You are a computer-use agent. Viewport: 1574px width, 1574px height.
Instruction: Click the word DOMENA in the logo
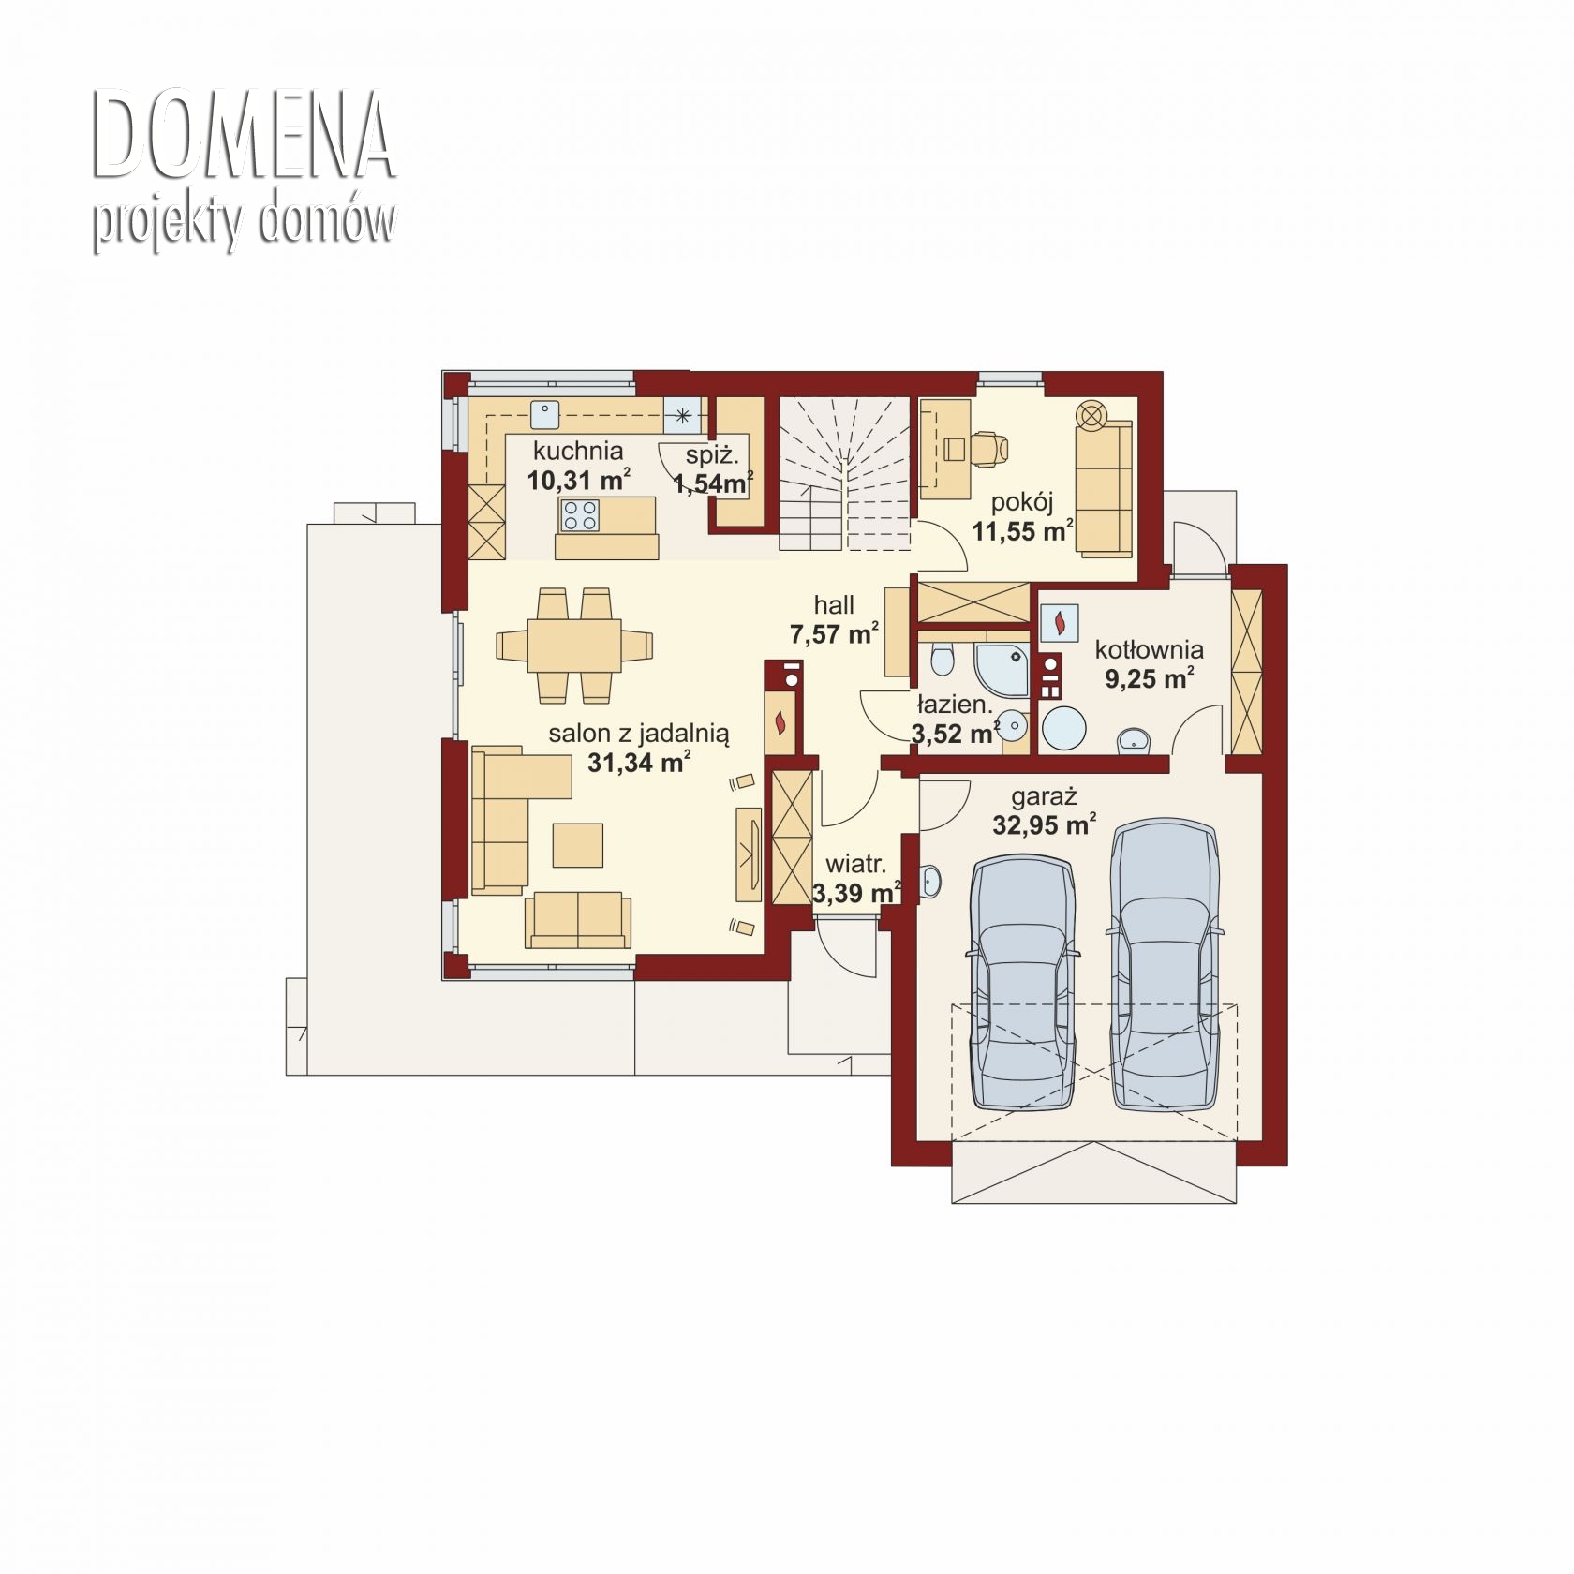click(x=244, y=135)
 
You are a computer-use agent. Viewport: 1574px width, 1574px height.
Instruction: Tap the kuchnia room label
click(x=578, y=450)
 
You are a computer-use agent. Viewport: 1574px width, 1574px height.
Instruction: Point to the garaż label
click(x=1044, y=798)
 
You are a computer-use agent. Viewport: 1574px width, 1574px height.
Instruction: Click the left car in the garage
click(x=1022, y=983)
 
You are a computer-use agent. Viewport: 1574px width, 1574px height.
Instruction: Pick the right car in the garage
click(x=1165, y=965)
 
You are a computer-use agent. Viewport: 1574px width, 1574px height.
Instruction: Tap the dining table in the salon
click(x=574, y=645)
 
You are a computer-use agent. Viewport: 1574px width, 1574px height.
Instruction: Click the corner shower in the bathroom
click(x=1002, y=669)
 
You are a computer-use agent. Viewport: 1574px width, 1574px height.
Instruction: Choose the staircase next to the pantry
click(x=844, y=473)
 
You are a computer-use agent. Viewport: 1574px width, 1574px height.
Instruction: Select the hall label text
click(x=834, y=605)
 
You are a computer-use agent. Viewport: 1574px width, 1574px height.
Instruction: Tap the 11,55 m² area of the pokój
click(x=1022, y=531)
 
